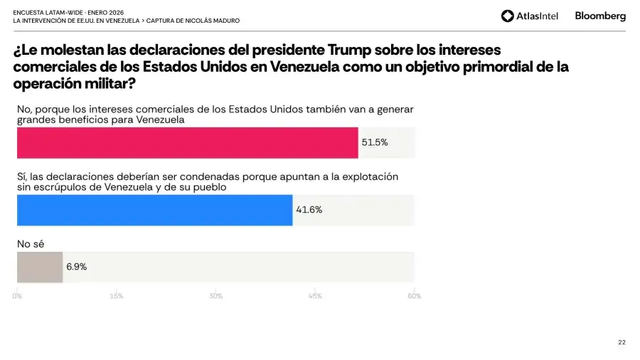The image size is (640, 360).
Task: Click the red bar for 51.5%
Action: (188, 142)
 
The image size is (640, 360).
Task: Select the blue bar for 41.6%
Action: (154, 210)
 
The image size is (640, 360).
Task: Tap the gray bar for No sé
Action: (40, 267)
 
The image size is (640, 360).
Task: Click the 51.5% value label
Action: (375, 142)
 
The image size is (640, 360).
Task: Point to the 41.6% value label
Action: (309, 210)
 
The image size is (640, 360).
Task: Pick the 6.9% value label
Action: (77, 267)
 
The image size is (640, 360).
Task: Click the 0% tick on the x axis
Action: (17, 296)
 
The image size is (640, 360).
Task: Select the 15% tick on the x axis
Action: (117, 296)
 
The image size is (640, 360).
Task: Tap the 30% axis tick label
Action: (215, 296)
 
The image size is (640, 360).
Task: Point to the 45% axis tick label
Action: (315, 296)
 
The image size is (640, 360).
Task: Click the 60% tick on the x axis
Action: (414, 296)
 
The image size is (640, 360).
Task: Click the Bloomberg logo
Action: (600, 16)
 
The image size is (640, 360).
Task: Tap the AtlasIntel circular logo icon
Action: (507, 16)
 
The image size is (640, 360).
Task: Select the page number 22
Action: (622, 342)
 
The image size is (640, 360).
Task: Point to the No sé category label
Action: (31, 244)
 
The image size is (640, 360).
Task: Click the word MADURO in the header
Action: (224, 21)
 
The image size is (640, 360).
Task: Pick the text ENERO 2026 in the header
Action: (105, 12)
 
